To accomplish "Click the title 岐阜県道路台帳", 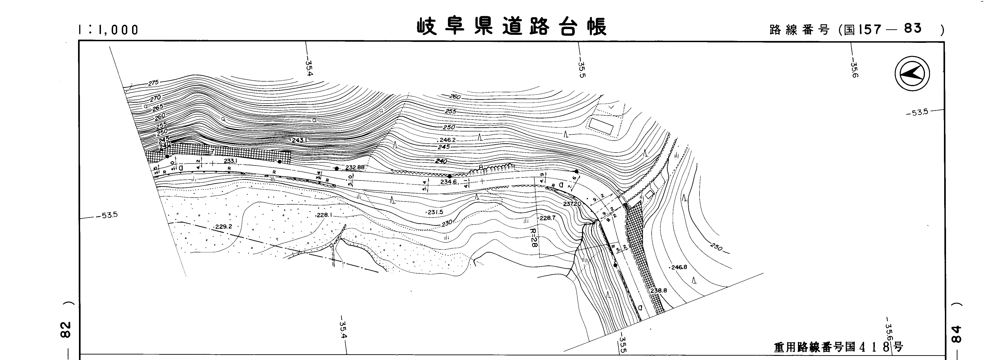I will [x=512, y=27].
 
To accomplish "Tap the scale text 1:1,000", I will [x=108, y=30].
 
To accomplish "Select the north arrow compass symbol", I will [x=912, y=74].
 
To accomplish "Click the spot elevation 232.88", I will [x=355, y=167].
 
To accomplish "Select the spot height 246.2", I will [x=447, y=140].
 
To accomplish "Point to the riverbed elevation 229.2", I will [x=223, y=226].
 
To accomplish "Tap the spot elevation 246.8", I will [x=678, y=267].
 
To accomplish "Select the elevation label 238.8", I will [x=659, y=290].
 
